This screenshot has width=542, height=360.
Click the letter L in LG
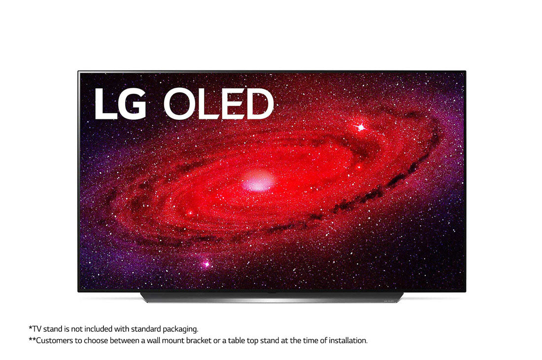(105, 104)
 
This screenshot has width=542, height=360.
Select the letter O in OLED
(180, 104)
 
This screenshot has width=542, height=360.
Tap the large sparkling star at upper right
(361, 128)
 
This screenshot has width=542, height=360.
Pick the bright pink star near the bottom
(207, 264)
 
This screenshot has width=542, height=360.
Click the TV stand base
(271, 297)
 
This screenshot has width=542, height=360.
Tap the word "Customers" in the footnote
(54, 341)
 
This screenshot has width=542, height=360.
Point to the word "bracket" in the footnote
(199, 341)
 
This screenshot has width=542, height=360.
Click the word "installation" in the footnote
(347, 341)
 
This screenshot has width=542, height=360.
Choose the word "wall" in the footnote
(153, 341)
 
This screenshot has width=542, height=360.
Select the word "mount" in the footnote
(173, 341)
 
